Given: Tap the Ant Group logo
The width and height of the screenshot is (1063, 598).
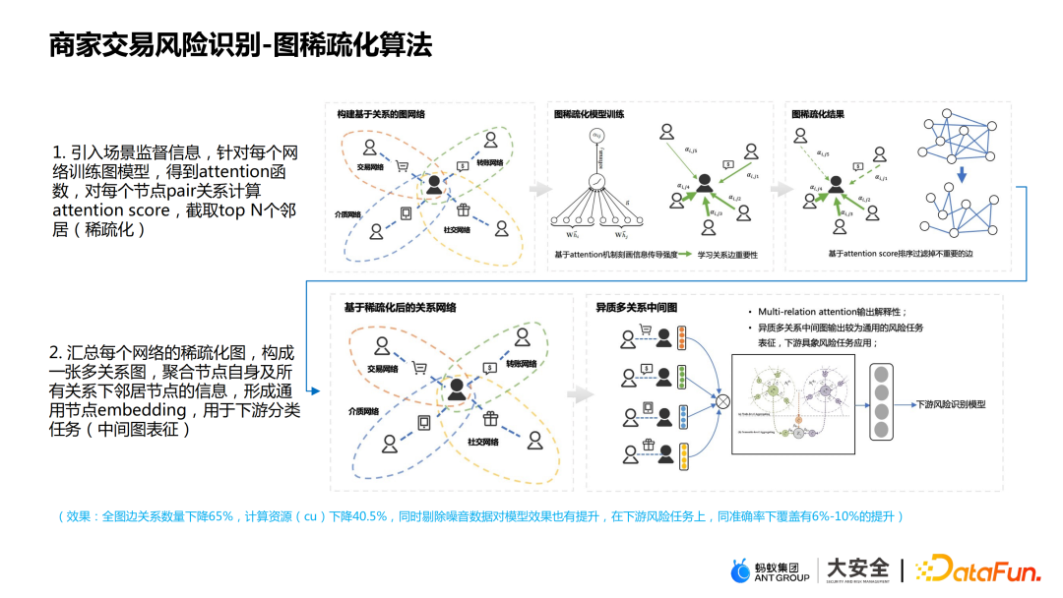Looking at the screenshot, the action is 770,569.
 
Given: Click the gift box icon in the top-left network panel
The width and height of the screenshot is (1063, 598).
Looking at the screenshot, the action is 463,209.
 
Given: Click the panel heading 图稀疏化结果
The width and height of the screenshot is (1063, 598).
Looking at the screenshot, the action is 817,114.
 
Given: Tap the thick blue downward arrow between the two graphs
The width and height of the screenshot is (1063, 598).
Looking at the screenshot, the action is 962,176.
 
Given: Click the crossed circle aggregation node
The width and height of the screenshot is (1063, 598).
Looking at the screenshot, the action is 723,401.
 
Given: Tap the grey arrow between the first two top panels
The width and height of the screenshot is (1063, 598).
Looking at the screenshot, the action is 539,189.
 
